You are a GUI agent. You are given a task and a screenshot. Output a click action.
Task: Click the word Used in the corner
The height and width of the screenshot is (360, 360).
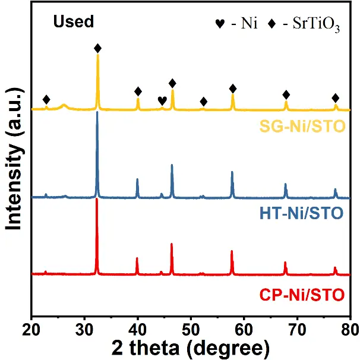pyautogui.click(x=74, y=23)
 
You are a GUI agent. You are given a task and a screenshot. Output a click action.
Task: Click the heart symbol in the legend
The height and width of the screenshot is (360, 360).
pyautogui.click(x=220, y=26)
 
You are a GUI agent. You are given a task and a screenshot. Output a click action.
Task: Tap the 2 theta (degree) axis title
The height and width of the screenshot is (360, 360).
pyautogui.click(x=191, y=346)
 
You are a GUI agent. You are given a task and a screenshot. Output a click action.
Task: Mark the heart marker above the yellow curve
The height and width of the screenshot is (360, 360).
pyautogui.click(x=162, y=100)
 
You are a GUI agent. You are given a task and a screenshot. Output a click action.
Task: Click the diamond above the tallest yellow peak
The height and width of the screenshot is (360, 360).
pyautogui.click(x=97, y=48)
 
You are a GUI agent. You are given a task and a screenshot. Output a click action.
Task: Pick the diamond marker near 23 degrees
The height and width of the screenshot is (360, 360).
pyautogui.click(x=46, y=99)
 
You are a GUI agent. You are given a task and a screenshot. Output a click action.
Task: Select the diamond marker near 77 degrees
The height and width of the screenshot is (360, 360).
pyautogui.click(x=336, y=98)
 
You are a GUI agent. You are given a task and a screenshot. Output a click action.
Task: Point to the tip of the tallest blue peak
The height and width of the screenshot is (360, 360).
pyautogui.click(x=97, y=112)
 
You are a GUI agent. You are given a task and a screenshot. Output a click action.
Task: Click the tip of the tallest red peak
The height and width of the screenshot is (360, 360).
pyautogui.click(x=97, y=199)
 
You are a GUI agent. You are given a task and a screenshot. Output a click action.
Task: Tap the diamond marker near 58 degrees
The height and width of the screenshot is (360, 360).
pyautogui.click(x=233, y=89)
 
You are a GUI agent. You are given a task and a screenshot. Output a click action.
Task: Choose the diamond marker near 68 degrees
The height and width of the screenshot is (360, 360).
pyautogui.click(x=286, y=95)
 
